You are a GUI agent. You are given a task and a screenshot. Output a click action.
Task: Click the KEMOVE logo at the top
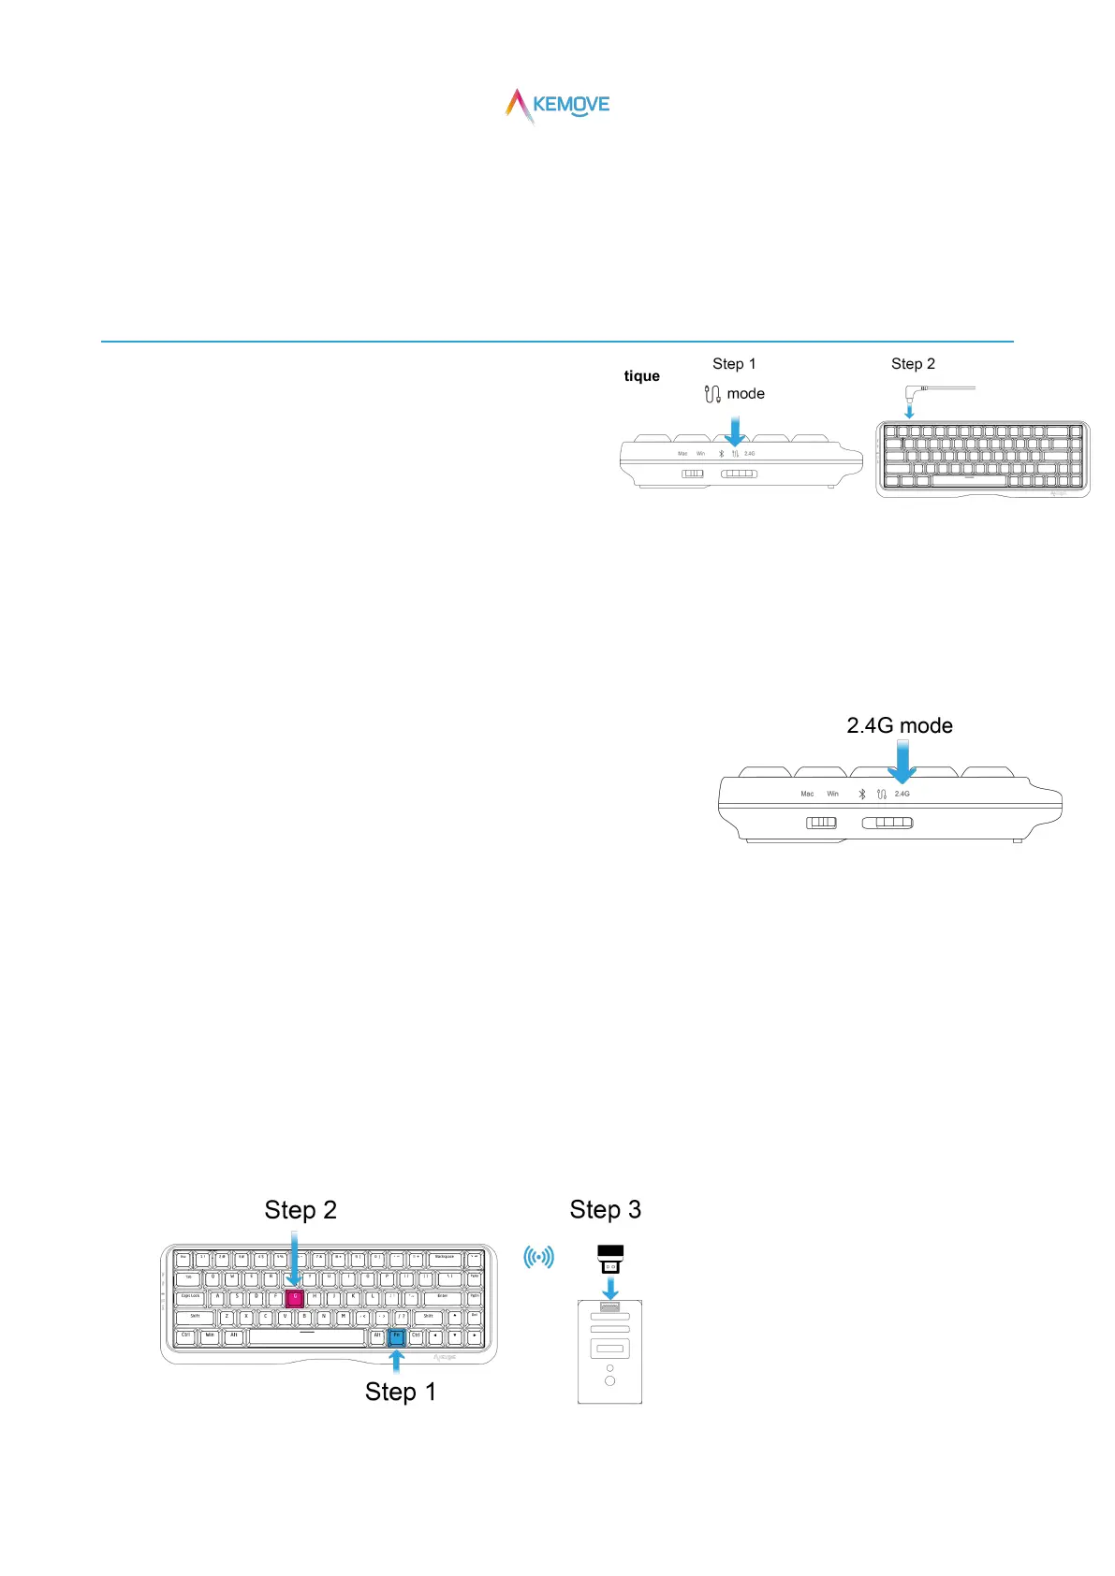pos(558,106)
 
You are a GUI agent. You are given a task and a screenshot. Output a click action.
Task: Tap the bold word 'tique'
pos(641,376)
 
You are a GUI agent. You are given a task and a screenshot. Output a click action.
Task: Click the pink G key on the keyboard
pos(294,1298)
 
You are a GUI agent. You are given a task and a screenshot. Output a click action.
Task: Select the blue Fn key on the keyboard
pos(396,1336)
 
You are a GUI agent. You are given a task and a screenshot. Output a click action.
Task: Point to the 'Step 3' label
pos(605,1210)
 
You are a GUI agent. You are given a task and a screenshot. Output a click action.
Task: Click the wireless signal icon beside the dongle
pos(538,1257)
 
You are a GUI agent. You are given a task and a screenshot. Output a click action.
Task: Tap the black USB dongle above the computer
pos(610,1259)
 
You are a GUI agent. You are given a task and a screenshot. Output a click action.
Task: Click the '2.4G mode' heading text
pos(899,726)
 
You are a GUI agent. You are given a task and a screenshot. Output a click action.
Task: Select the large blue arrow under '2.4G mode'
pos(902,761)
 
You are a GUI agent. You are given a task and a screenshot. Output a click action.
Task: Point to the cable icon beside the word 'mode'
pos(712,394)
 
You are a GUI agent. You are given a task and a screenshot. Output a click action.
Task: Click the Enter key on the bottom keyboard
pos(442,1298)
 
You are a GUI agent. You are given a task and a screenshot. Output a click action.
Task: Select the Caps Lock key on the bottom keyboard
pos(190,1298)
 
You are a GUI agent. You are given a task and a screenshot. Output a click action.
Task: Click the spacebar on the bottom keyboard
pos(306,1336)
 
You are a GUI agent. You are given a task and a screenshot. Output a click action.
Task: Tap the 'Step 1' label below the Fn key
pos(400,1393)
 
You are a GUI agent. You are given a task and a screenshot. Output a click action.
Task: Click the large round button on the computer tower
pos(610,1381)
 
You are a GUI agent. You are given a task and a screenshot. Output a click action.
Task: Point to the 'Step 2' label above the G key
pos(300,1210)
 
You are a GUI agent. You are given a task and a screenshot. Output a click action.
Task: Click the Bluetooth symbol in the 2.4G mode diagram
pos(862,795)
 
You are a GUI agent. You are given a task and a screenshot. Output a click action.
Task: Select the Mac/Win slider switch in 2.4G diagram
pos(821,823)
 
